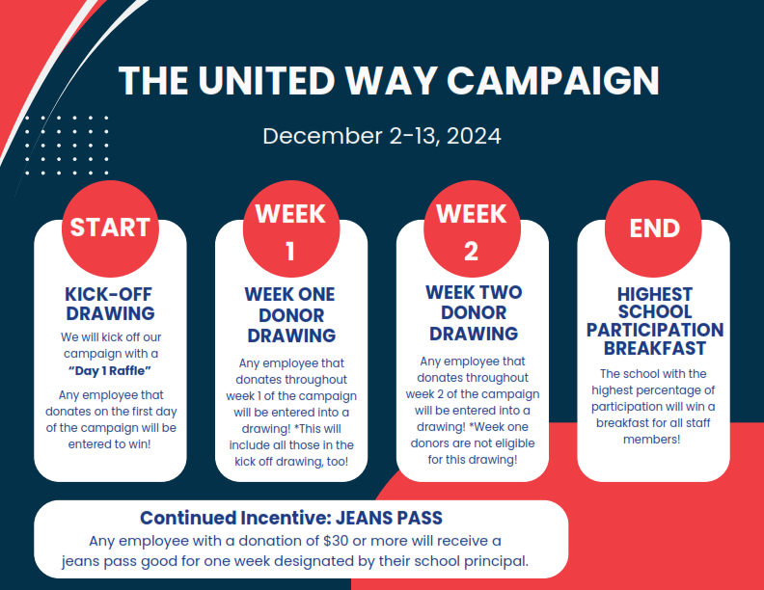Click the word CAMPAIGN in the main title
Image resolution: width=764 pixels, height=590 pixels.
click(x=553, y=80)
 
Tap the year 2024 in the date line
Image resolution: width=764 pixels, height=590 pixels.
click(x=474, y=136)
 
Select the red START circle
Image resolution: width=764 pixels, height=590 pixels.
click(x=110, y=228)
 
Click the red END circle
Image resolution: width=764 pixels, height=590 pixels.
click(x=653, y=228)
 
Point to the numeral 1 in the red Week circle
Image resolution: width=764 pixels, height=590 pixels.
click(x=290, y=252)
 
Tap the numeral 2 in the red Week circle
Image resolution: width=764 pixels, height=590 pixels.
click(x=471, y=252)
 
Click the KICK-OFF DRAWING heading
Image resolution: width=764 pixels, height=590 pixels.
click(x=110, y=304)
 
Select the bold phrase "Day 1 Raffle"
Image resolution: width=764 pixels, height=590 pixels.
click(x=110, y=371)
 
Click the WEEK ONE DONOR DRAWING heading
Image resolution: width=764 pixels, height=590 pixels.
click(x=291, y=315)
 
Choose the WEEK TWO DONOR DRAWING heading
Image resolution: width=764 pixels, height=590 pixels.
click(x=474, y=313)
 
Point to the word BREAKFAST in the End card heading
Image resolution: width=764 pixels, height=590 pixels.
click(x=654, y=349)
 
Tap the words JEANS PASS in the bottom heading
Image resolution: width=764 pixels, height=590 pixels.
click(x=389, y=518)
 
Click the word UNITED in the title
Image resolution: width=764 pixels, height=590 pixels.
click(x=266, y=80)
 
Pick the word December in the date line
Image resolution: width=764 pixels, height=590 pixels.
click(x=322, y=136)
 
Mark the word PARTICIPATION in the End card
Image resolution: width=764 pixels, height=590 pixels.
click(x=655, y=330)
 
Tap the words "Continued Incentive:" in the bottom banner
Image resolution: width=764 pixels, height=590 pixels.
click(x=235, y=518)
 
